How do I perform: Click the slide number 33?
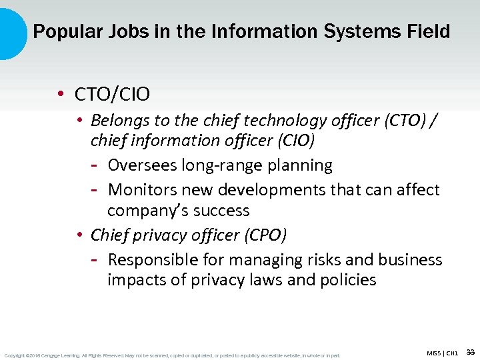(471, 351)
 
